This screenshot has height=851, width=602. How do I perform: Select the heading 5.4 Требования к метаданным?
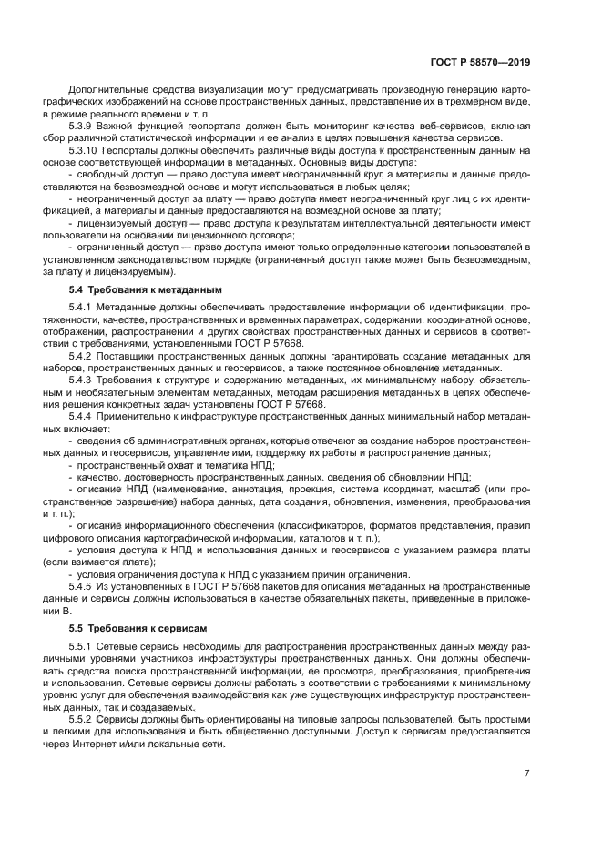pos(128,289)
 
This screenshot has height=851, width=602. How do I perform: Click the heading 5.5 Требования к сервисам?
pos(126,628)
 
